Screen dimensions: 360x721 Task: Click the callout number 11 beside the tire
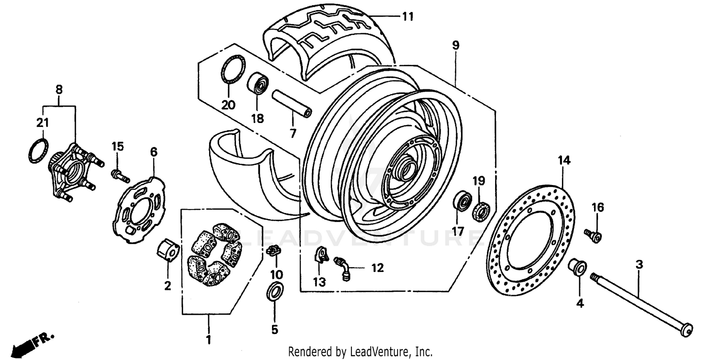(x=408, y=17)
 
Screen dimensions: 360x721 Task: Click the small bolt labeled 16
(x=594, y=236)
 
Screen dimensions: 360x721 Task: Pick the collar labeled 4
(x=577, y=267)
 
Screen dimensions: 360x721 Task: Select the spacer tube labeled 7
(x=292, y=104)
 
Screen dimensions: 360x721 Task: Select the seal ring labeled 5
(x=274, y=292)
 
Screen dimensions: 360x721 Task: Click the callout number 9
(x=455, y=46)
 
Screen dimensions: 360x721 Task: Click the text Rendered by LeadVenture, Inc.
(x=360, y=352)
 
